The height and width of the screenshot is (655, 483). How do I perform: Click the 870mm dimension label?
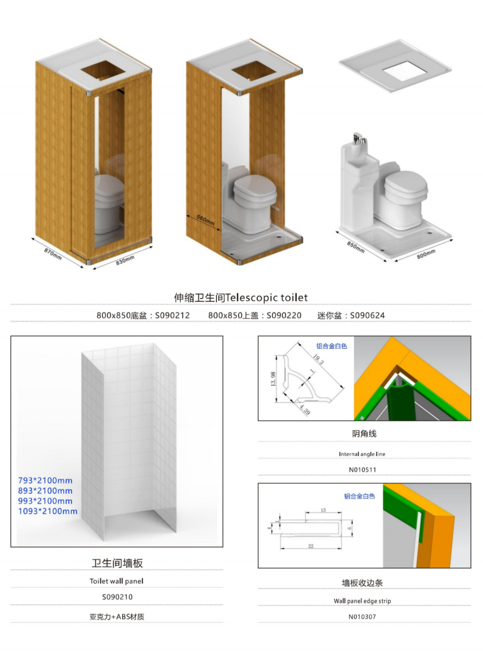click(53, 254)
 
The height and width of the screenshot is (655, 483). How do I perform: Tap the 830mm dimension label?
click(125, 260)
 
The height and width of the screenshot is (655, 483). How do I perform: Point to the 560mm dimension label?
click(206, 220)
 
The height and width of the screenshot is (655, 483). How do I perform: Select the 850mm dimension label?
click(355, 247)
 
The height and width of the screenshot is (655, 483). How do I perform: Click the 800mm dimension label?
click(426, 254)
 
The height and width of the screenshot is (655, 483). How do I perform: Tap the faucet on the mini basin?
click(358, 138)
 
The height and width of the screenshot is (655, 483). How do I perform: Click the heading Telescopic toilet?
click(266, 298)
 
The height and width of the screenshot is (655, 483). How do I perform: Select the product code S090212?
click(173, 316)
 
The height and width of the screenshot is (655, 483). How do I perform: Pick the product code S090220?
click(284, 316)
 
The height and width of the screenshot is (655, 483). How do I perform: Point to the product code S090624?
click(367, 316)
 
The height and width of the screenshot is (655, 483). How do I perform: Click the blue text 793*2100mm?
click(45, 480)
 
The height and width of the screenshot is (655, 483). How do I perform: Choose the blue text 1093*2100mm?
click(47, 511)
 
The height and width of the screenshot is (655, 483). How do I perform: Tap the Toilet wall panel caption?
click(117, 581)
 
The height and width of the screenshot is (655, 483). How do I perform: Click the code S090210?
click(117, 597)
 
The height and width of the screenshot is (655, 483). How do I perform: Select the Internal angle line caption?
click(362, 454)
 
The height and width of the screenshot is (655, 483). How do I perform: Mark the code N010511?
click(362, 470)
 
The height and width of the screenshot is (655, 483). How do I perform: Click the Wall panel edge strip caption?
click(362, 601)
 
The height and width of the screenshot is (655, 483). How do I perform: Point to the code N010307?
click(362, 616)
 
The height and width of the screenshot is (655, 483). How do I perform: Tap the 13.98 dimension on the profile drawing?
click(273, 379)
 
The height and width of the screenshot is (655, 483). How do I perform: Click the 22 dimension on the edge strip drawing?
click(310, 546)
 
